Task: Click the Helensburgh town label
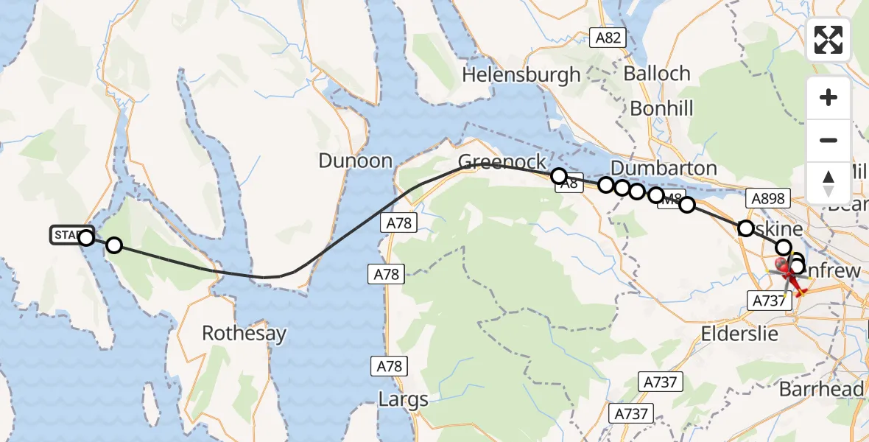coord(521,74)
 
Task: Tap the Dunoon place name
coord(356,161)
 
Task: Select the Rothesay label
coord(244,334)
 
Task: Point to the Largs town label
coord(403,400)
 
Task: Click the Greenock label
coord(502,162)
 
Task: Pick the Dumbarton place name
coord(664,168)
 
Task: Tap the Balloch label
coord(657,74)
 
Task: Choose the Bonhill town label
coord(662,108)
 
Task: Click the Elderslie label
coord(740,333)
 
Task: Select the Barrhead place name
coord(832,389)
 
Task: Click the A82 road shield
coord(608,38)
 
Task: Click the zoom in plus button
coord(828,97)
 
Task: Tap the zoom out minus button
coord(828,140)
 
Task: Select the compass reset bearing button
coord(828,183)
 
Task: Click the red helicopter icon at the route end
coord(787,274)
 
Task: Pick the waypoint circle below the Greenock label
coord(559,176)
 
